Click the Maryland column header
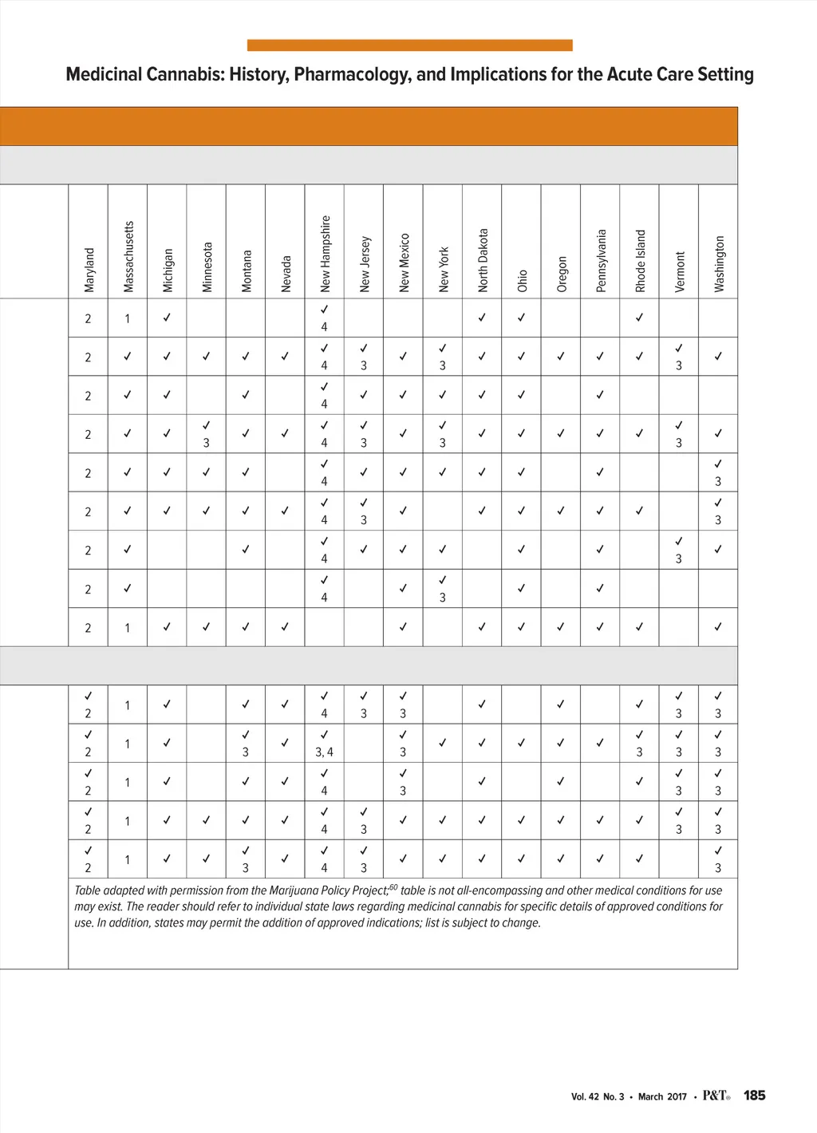point(89,270)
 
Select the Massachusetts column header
point(128,256)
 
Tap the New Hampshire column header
point(325,254)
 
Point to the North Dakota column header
point(483,260)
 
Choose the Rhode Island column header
point(640,261)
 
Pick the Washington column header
point(719,263)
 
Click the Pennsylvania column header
point(601,261)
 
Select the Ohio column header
point(522,280)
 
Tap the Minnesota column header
point(207,267)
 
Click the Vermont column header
point(680,271)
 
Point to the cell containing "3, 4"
point(324,752)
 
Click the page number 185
point(754,1095)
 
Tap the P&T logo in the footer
point(716,1095)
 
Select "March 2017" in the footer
point(662,1096)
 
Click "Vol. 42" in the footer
point(585,1096)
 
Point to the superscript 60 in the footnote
point(393,887)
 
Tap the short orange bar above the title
point(409,45)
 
